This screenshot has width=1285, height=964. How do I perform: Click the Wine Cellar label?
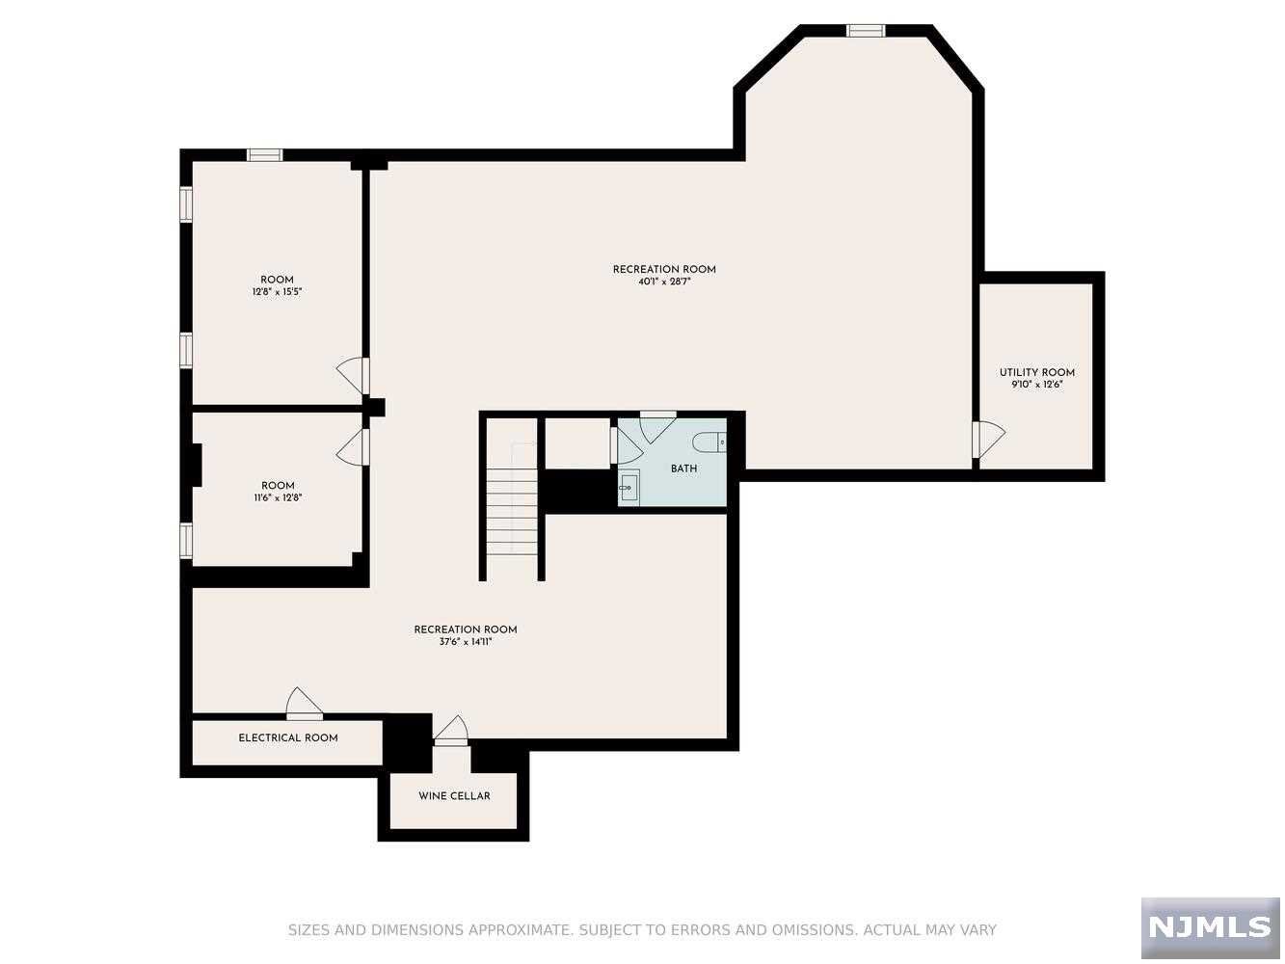(454, 796)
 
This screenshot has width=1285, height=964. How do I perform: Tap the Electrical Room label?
(288, 738)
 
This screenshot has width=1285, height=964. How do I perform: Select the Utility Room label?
(1036, 373)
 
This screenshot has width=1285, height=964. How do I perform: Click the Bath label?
(683, 469)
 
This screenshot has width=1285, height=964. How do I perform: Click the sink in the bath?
(629, 488)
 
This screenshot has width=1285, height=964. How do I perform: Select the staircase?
(512, 511)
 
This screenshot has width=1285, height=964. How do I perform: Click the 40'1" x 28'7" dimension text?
(664, 282)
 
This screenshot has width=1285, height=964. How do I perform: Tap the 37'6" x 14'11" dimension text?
(466, 642)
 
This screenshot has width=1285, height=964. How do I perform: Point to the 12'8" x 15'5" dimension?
(277, 292)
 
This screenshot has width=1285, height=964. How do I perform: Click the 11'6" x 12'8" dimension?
(278, 498)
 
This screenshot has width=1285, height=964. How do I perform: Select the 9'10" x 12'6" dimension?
(1036, 385)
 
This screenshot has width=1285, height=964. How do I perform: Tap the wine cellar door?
(450, 732)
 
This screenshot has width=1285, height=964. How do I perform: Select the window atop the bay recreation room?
(866, 31)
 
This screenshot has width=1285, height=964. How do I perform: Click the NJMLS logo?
(1211, 927)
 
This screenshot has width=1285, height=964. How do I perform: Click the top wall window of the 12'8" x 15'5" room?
(264, 154)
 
